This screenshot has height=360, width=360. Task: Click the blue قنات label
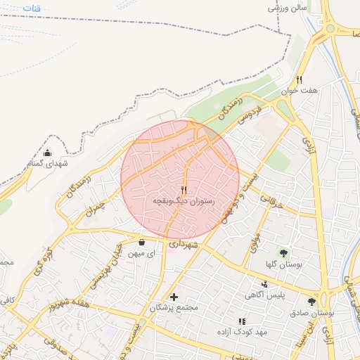(32, 8)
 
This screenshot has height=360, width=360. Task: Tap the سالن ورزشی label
(288, 8)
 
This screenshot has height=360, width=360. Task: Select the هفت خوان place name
(300, 90)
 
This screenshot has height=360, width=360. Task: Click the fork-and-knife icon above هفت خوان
(300, 79)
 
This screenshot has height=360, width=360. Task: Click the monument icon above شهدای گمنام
(47, 153)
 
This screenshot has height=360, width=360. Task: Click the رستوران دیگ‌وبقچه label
(184, 201)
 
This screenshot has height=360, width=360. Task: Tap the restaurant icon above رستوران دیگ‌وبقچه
(184, 190)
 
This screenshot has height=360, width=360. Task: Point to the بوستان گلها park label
(283, 264)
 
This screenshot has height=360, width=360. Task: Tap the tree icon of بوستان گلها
(284, 252)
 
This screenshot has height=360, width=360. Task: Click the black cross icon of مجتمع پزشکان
(174, 297)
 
